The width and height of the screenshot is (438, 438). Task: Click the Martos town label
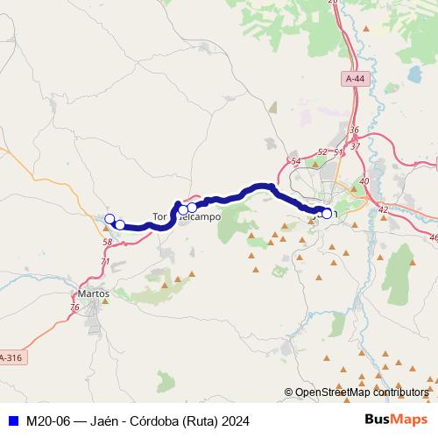93,293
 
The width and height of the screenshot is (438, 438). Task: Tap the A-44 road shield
354,79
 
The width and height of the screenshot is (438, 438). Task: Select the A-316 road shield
11,357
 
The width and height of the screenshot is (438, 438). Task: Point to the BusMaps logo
396,420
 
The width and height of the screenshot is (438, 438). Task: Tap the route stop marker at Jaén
327,213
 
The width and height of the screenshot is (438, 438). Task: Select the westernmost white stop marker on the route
109,219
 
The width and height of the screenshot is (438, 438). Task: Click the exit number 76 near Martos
74,307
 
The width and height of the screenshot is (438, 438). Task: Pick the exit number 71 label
106,261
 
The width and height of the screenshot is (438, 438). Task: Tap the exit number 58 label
107,242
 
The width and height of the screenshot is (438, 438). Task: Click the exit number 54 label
295,161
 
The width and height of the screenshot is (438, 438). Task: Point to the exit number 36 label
354,131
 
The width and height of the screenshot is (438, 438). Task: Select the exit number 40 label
364,180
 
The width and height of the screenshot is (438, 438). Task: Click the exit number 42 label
383,209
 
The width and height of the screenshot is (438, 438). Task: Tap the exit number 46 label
433,237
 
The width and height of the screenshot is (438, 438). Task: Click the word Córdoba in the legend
142,420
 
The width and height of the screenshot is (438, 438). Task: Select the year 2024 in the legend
232,420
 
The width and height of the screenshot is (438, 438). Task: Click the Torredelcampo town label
186,215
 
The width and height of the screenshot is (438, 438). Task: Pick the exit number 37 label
355,145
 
